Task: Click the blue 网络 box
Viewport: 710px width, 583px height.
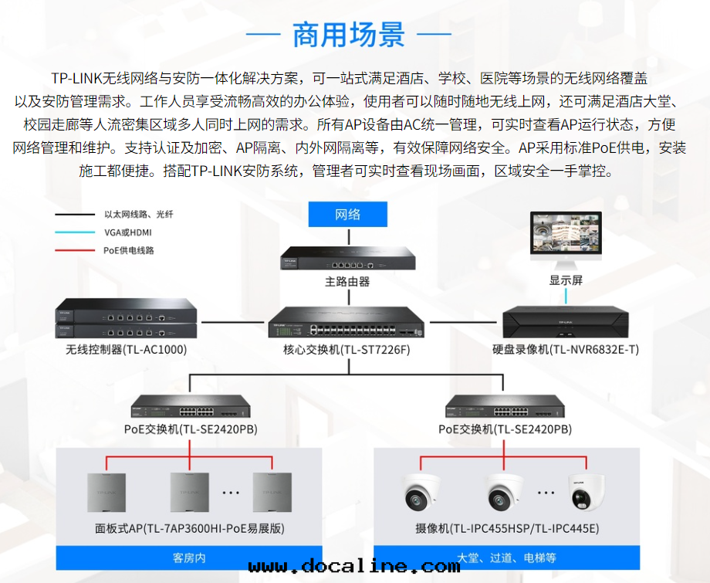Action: (x=347, y=214)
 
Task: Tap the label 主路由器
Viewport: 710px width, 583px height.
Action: (x=347, y=282)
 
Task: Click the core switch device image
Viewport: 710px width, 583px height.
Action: (x=347, y=323)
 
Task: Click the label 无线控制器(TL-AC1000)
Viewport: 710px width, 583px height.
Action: (x=126, y=350)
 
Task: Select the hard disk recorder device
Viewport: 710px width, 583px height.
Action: (x=566, y=322)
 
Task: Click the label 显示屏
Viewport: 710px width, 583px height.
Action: (x=566, y=280)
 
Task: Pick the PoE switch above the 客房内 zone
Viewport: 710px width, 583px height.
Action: (x=191, y=406)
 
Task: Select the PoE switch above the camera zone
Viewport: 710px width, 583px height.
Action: (x=505, y=406)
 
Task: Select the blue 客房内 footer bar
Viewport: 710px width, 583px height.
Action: (x=189, y=557)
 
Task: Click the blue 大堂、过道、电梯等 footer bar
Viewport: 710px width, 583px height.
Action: (x=506, y=557)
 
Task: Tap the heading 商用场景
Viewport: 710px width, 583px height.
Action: (x=348, y=35)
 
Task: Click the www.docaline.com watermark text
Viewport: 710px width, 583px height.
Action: (x=354, y=567)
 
